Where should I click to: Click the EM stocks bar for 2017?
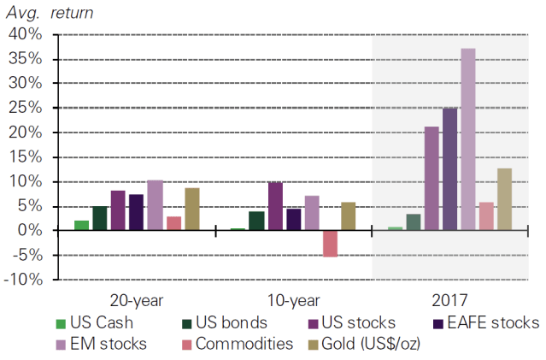tap(468, 139)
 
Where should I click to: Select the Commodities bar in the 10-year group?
tap(330, 244)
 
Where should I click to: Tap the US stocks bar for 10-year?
tap(275, 206)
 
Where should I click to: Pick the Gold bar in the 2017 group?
tap(504, 199)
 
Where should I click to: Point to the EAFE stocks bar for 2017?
tap(449, 169)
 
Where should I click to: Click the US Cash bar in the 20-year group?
tap(81, 226)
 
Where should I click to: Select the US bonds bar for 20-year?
tap(100, 218)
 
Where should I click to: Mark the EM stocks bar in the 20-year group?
tap(155, 205)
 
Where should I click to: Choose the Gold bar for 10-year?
tap(348, 216)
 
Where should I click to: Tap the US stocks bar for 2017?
tap(432, 179)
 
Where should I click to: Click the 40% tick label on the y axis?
tap(23, 35)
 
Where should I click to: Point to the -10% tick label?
tap(21, 280)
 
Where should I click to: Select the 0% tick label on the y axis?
tap(28, 231)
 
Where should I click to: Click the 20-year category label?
tap(137, 300)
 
